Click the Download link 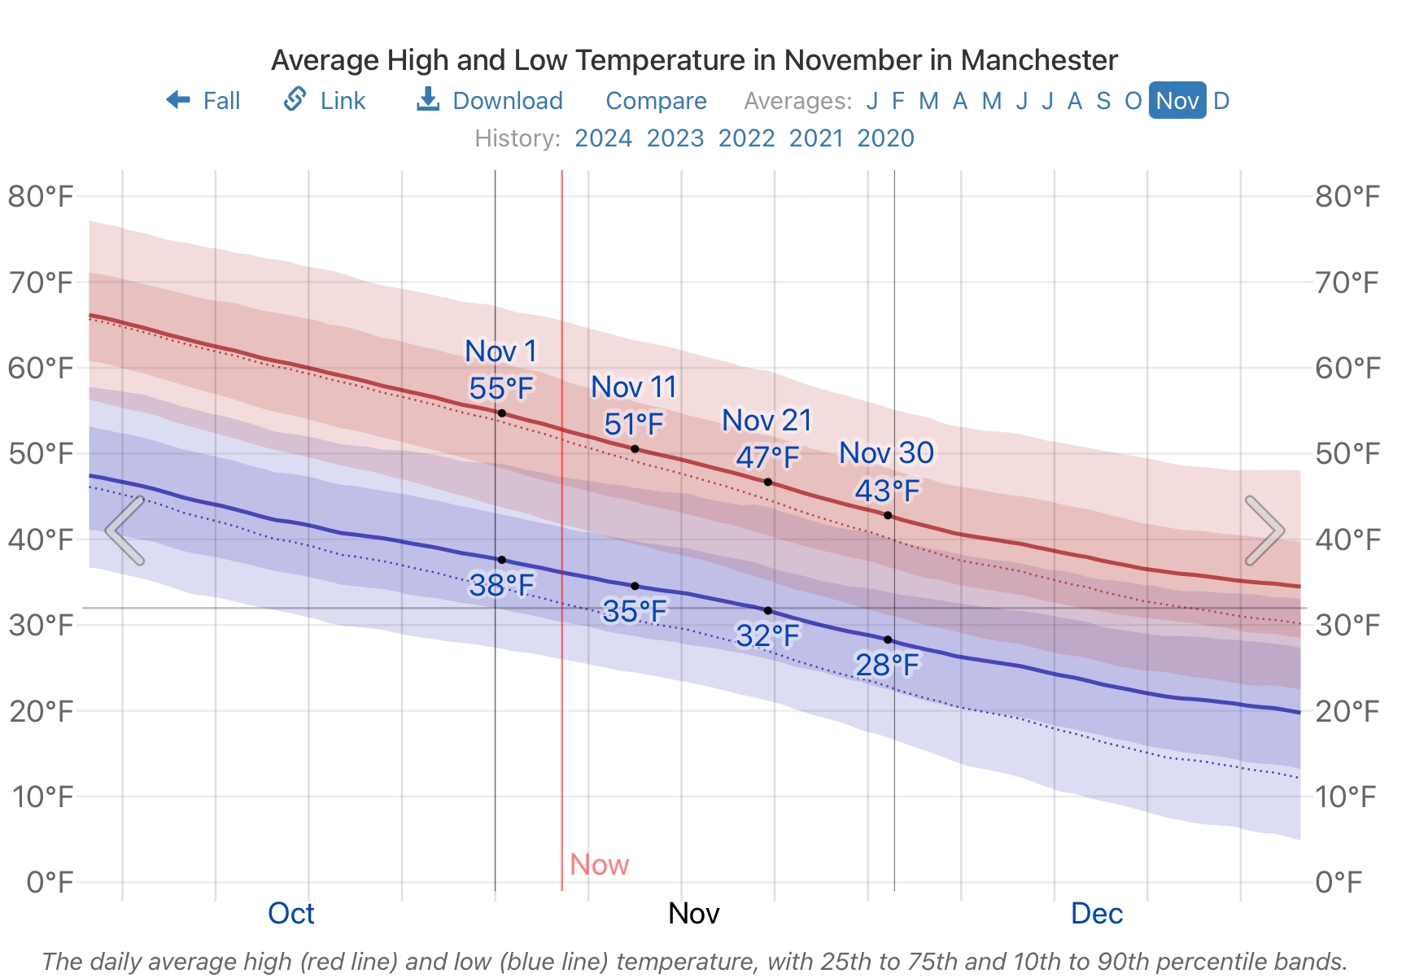point(490,101)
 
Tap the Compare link point(656,101)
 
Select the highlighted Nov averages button point(1177,101)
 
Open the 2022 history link point(746,138)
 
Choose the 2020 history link point(885,138)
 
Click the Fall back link point(203,101)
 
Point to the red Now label point(599,864)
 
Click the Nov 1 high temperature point point(502,413)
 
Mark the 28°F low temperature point point(888,640)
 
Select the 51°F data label point(634,424)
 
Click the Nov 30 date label point(886,453)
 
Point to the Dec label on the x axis point(1096,914)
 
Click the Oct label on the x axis point(290,914)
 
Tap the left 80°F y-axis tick point(41,196)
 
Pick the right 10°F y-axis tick point(1346,797)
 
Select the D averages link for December point(1221,101)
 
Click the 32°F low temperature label point(767,635)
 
